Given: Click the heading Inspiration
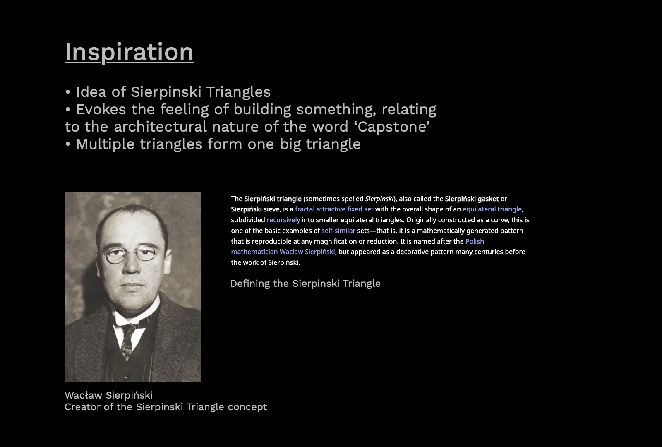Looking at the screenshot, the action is click(x=129, y=52).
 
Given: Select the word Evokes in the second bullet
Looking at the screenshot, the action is click(x=101, y=109).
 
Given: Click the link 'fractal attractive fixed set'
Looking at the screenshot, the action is click(x=334, y=209).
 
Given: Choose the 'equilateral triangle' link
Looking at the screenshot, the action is click(x=492, y=209).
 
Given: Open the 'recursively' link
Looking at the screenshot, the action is click(x=283, y=220).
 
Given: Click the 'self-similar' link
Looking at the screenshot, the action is click(x=338, y=231).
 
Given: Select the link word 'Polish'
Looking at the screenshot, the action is click(x=475, y=241).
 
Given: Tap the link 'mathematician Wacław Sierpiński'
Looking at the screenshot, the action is click(x=283, y=252).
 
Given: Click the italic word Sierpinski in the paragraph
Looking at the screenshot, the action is click(x=379, y=199).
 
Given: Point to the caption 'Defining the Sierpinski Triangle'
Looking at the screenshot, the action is click(x=305, y=284).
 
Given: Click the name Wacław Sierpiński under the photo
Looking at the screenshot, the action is click(x=109, y=395).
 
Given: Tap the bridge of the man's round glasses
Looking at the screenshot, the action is click(x=131, y=252).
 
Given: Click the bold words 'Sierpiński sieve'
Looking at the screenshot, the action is click(x=255, y=209).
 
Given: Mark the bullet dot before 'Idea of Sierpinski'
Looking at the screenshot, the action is click(x=68, y=92).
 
